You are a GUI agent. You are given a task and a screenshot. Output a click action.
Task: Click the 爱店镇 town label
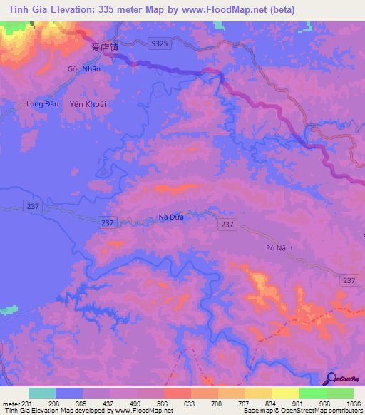pyautogui.click(x=104, y=48)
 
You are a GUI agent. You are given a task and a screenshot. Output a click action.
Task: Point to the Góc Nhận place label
pyautogui.click(x=83, y=69)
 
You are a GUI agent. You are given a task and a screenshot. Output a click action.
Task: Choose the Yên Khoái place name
pyautogui.click(x=88, y=104)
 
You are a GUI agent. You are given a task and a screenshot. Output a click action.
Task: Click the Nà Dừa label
pyautogui.click(x=171, y=217)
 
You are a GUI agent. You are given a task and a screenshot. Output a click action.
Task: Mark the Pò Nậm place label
pyautogui.click(x=279, y=247)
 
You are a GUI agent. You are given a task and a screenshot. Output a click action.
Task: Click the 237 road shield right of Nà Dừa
pyautogui.click(x=227, y=225)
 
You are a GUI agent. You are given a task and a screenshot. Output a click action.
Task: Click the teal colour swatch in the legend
pyautogui.click(x=42, y=393)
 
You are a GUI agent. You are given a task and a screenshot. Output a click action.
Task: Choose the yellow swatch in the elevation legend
pyautogui.click(x=285, y=393)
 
